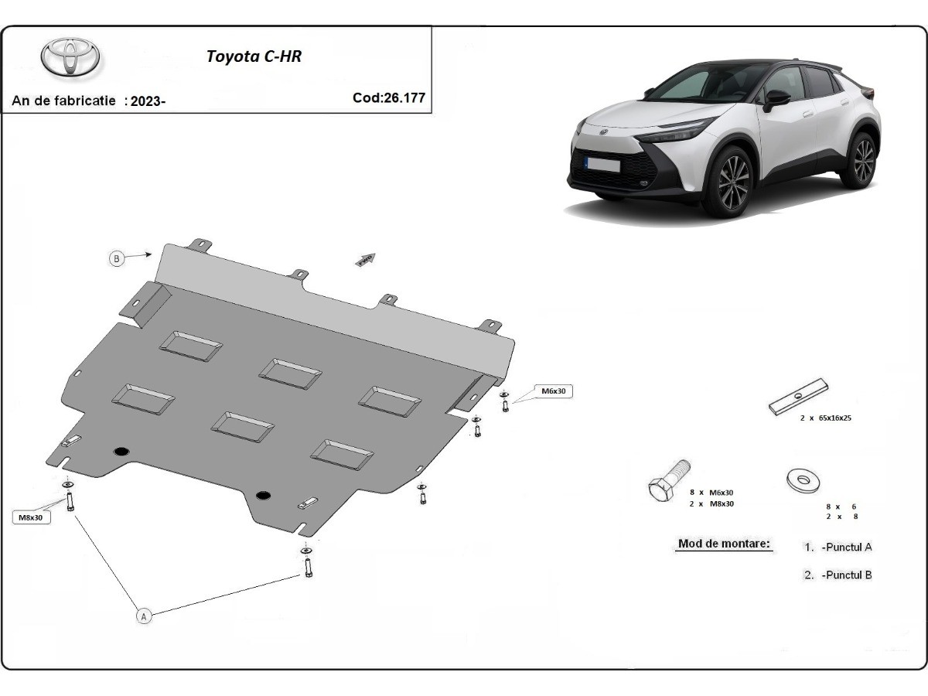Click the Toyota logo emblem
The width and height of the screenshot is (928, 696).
tap(70, 57)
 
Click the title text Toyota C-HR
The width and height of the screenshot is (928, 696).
tap(254, 56)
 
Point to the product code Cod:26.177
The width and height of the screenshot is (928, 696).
tap(389, 97)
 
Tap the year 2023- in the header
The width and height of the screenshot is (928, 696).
tap(148, 101)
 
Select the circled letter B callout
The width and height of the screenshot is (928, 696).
tap(117, 258)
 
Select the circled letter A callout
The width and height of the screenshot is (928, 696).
tap(144, 616)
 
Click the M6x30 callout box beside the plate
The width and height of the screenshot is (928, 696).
tap(554, 391)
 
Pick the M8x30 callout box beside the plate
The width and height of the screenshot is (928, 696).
tap(31, 517)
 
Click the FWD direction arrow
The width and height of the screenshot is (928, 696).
tap(365, 260)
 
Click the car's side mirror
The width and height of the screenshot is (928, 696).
tap(776, 100)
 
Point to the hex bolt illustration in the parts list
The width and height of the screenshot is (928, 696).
tap(668, 481)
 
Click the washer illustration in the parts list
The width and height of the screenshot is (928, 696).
tap(803, 480)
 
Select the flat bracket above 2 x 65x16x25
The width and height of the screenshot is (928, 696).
tap(798, 397)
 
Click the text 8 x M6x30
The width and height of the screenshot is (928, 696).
tap(711, 493)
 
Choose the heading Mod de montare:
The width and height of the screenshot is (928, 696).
tap(724, 544)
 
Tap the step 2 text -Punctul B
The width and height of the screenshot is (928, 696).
tap(847, 575)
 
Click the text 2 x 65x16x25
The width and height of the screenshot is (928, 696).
tap(824, 418)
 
